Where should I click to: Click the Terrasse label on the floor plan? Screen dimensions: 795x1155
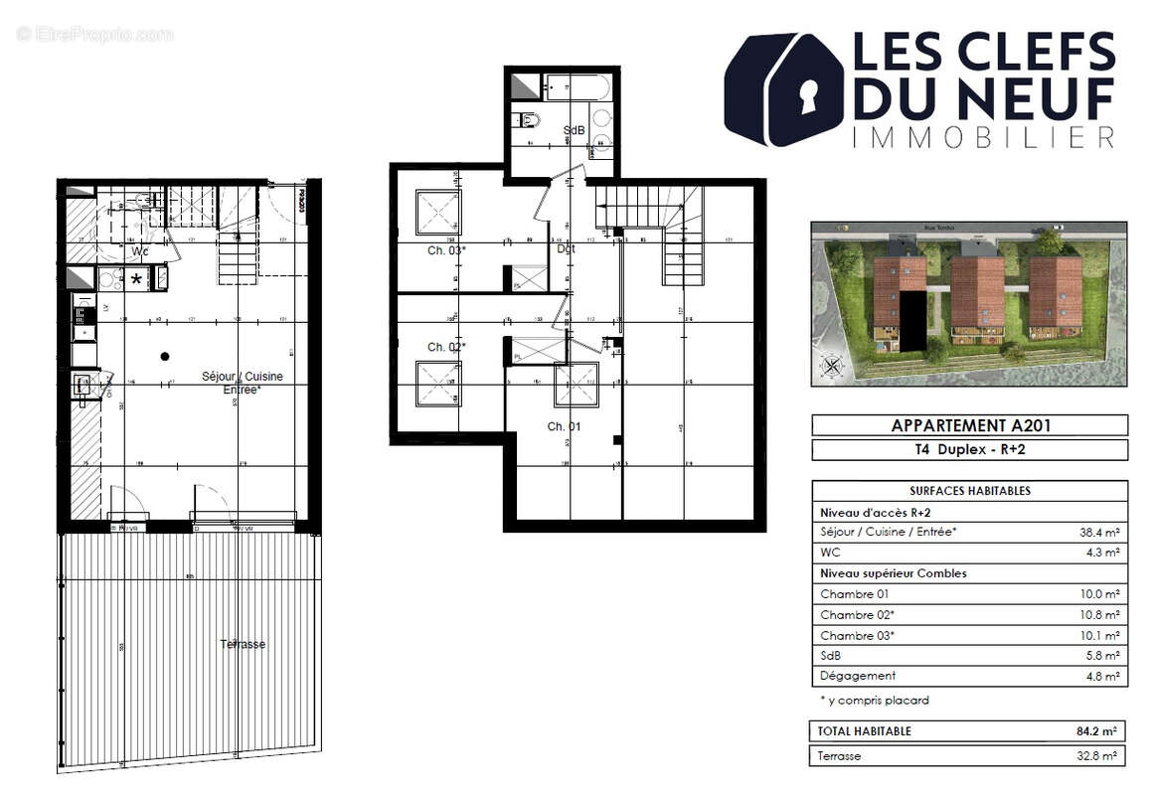point(243,644)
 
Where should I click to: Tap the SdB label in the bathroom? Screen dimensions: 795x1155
point(574,130)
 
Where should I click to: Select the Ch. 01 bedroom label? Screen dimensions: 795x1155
point(564,426)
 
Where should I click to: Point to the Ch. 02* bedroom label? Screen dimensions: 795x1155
point(446,347)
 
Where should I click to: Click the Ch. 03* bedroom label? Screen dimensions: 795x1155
point(446,250)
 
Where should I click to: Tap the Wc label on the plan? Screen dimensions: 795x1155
point(140,252)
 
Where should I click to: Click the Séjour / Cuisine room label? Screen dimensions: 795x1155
point(243,376)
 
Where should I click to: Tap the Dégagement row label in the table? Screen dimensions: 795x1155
point(858,676)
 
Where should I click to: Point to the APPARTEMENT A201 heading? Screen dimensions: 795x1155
point(969,425)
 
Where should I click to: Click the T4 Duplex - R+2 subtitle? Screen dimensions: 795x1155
point(969,450)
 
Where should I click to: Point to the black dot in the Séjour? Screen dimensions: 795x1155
point(165,356)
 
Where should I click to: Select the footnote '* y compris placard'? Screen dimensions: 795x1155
point(875,700)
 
